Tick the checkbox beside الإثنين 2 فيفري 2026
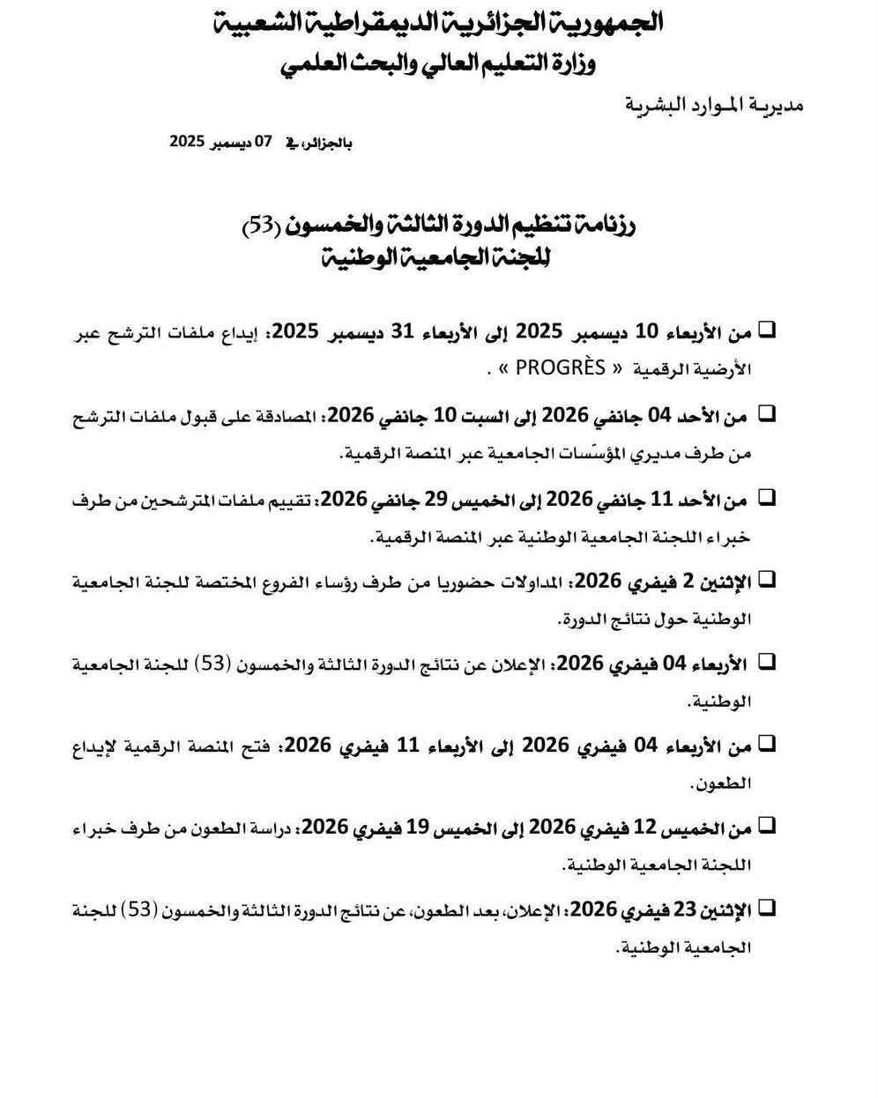766,579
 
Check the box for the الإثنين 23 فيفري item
766,908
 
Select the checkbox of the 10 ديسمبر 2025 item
766,330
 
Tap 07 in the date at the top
264,141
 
